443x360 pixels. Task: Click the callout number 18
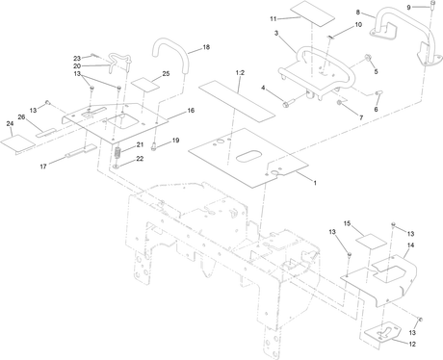pyautogui.click(x=206, y=47)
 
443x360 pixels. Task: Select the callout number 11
pyautogui.click(x=274, y=19)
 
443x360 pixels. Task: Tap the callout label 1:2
pyautogui.click(x=240, y=73)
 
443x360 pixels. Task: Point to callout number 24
pyautogui.click(x=10, y=123)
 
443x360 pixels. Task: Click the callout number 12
pyautogui.click(x=412, y=344)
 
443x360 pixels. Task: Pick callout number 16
pyautogui.click(x=191, y=111)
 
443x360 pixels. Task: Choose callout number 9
pyautogui.click(x=408, y=7)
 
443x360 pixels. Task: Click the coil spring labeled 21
pyautogui.click(x=117, y=153)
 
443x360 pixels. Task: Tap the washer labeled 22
pyautogui.click(x=117, y=167)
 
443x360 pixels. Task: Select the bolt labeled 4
pyautogui.click(x=289, y=103)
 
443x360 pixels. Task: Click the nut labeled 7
pyautogui.click(x=339, y=103)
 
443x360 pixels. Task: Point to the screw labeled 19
pyautogui.click(x=153, y=147)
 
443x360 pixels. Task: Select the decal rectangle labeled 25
pyautogui.click(x=144, y=85)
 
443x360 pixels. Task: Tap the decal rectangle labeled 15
pyautogui.click(x=371, y=243)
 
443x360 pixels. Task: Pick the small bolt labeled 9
pyautogui.click(x=432, y=6)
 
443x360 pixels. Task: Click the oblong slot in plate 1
pyautogui.click(x=249, y=157)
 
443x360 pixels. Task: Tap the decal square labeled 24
pyautogui.click(x=17, y=143)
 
